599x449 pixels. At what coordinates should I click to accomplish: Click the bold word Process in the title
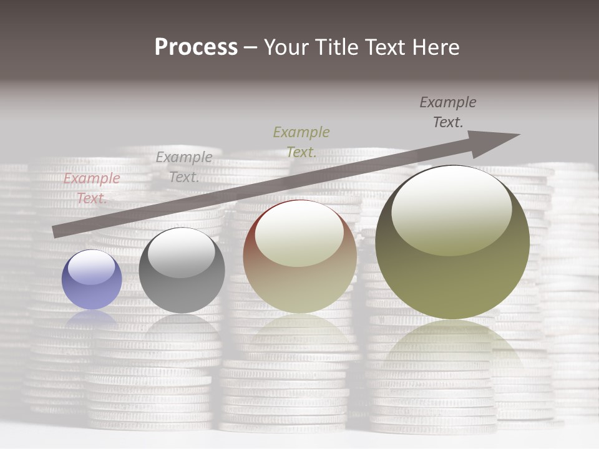click(196, 47)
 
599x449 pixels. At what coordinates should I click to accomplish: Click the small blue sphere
click(92, 279)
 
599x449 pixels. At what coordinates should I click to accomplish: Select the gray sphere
click(182, 271)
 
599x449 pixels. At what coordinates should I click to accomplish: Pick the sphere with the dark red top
click(299, 256)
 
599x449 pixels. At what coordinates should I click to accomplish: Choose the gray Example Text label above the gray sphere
click(184, 167)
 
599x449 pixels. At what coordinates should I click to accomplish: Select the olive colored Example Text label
click(301, 142)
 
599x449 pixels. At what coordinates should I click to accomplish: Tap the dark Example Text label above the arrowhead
click(448, 112)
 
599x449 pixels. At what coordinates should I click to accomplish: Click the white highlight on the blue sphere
click(92, 267)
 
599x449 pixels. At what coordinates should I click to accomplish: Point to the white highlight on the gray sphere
click(182, 251)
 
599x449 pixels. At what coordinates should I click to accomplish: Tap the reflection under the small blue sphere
click(92, 317)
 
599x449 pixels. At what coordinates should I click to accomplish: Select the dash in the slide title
click(251, 48)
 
